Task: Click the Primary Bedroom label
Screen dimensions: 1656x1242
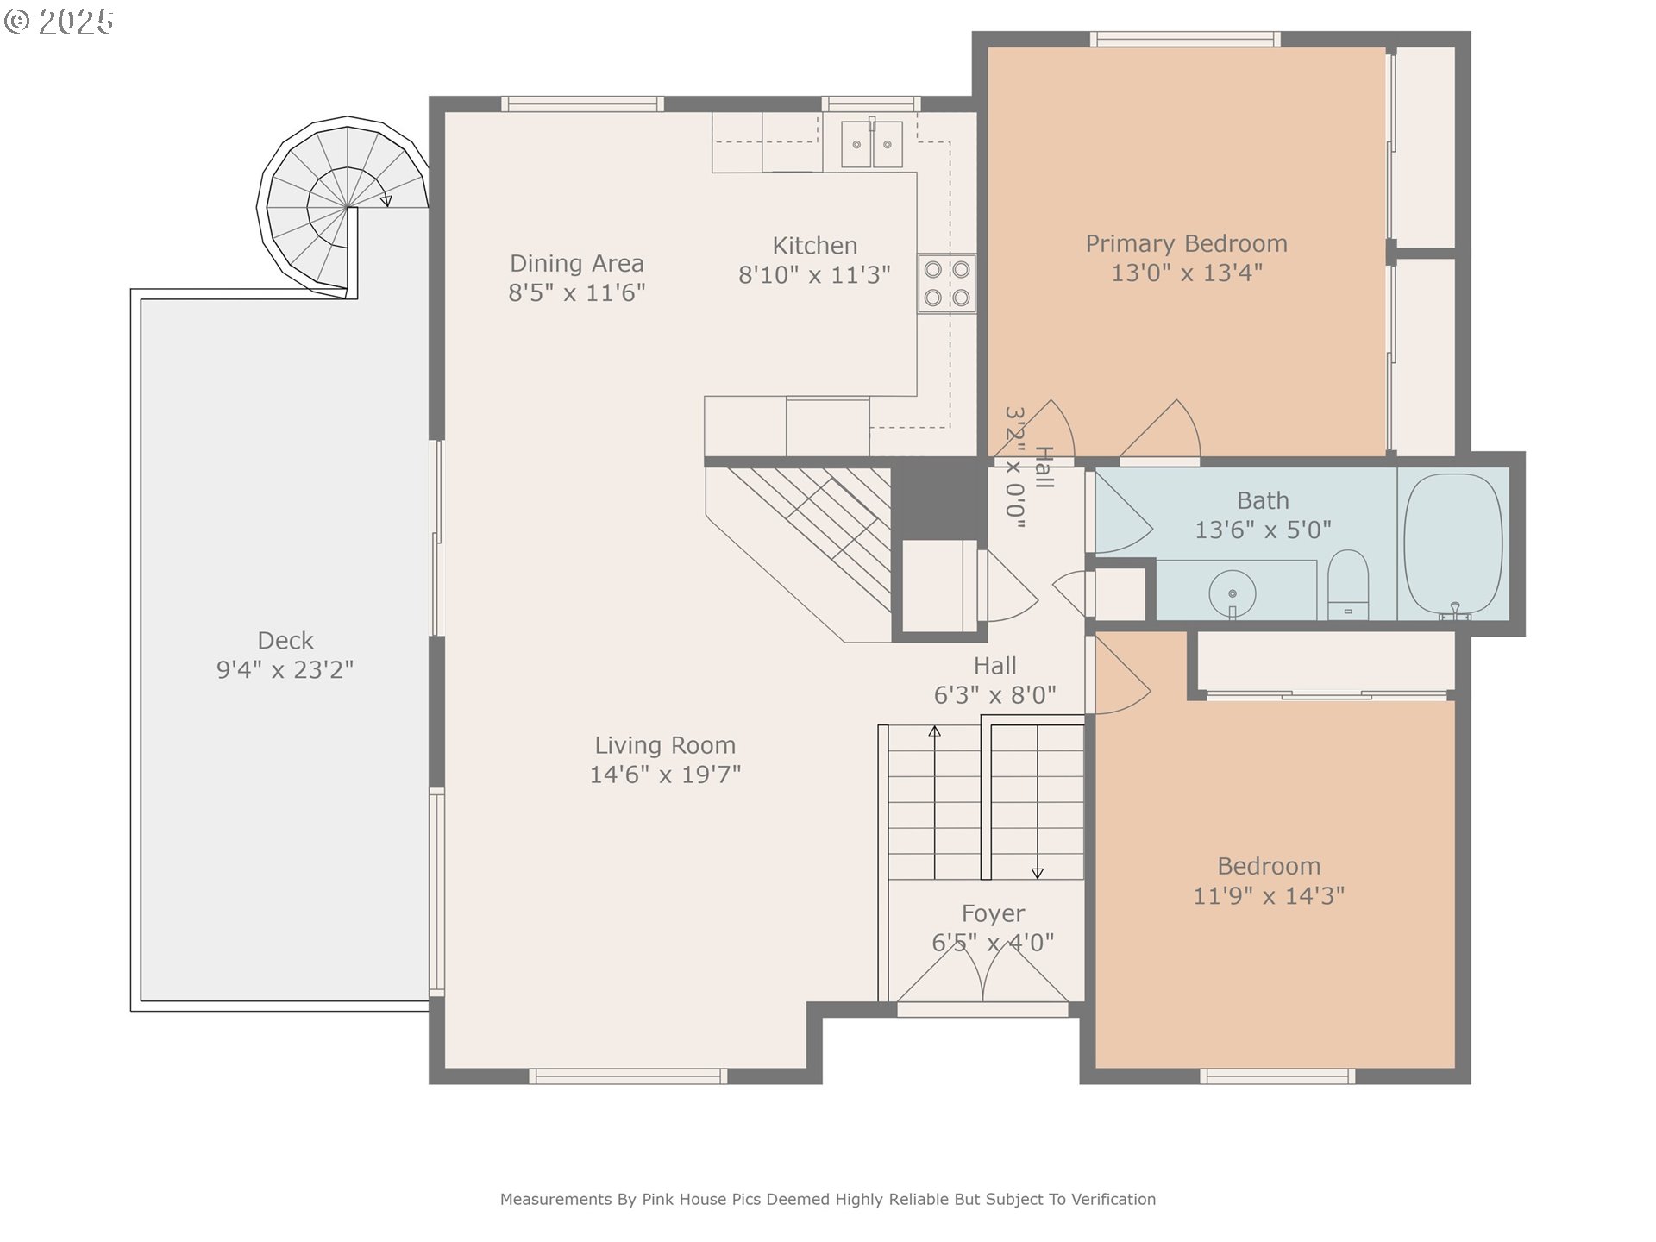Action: point(1186,244)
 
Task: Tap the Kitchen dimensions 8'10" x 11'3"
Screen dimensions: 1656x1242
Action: point(814,275)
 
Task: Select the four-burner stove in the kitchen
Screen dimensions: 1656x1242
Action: point(946,284)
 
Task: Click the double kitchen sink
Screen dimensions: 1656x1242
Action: point(871,143)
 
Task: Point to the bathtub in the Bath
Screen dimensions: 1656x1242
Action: point(1453,543)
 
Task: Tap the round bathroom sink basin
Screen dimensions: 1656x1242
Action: point(1233,593)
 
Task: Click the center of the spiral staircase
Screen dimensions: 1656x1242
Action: point(347,207)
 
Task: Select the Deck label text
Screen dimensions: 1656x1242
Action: point(285,641)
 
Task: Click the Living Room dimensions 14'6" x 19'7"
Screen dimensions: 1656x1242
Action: point(665,775)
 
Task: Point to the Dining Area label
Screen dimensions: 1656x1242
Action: point(576,263)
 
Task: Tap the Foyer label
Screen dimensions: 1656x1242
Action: point(993,913)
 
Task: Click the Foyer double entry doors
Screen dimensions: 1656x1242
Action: point(983,974)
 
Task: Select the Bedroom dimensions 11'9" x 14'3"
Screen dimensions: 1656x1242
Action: point(1269,896)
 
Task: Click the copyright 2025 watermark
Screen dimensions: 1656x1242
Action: point(59,22)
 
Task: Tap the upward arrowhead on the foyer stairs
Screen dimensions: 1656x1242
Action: point(934,731)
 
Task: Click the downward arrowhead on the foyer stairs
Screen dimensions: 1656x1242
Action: point(1038,873)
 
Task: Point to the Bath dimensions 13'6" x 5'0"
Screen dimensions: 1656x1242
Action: point(1263,530)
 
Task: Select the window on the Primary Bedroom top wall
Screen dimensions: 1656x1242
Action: point(1185,39)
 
